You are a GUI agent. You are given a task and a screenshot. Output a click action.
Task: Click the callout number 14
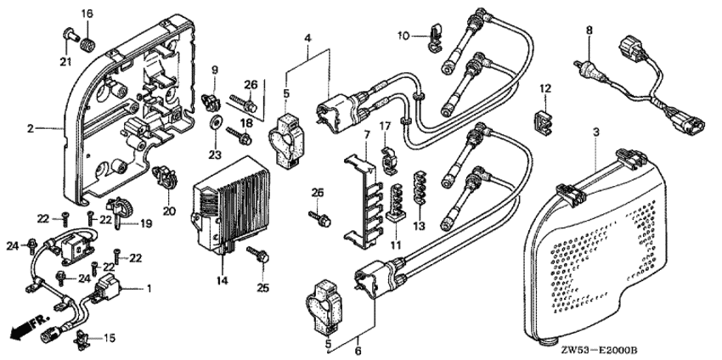tap(223, 279)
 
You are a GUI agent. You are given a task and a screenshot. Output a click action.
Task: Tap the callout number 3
tap(595, 132)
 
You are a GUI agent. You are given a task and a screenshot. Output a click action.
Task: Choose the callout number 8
tap(589, 31)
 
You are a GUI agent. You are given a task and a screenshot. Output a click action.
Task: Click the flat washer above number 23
tap(215, 123)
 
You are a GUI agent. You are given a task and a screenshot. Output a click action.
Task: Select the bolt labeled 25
tap(258, 255)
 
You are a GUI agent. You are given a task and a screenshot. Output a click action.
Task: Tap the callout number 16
tap(87, 14)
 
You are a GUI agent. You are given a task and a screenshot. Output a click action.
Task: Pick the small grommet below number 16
tap(87, 46)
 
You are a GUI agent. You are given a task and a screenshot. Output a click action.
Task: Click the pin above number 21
tap(69, 35)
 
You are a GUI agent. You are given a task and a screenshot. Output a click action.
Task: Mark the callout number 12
tap(545, 88)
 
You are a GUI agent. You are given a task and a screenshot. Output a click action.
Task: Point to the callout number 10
tap(403, 36)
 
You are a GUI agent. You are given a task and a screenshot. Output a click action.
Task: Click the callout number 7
tap(367, 136)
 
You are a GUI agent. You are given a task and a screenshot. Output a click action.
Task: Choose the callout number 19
tap(146, 224)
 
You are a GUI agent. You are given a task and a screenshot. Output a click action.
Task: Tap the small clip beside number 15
tap(82, 340)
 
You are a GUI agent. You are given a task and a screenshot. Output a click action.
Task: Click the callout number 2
tap(31, 129)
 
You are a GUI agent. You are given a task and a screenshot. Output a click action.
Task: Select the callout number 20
tap(167, 211)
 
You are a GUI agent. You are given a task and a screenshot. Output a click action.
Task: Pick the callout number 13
tap(420, 226)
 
